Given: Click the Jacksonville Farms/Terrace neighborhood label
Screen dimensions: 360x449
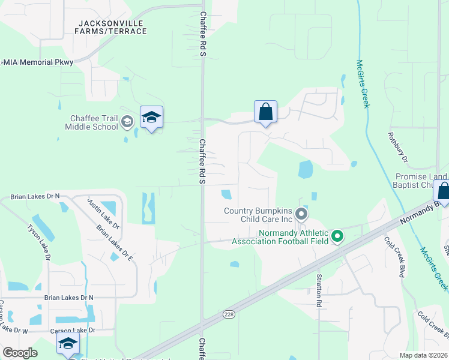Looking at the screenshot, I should (112, 27).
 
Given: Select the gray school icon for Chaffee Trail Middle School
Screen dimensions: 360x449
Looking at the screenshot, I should (127, 122).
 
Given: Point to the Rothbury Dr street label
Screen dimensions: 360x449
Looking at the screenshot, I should (398, 148).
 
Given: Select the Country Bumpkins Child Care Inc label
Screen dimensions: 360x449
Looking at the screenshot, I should (258, 215).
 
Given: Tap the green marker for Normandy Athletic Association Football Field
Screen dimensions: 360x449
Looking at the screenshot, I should (337, 237).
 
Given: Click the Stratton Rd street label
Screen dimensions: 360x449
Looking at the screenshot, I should (319, 292).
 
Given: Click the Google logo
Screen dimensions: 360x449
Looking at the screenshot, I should (20, 353).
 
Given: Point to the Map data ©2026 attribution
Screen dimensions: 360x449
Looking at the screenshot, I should (423, 355).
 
